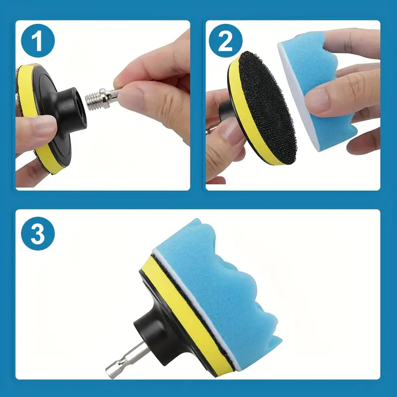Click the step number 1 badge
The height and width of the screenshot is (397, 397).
click(x=38, y=41)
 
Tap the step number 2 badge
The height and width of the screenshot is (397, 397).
click(x=226, y=41)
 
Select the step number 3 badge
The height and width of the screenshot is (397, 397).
click(x=38, y=233)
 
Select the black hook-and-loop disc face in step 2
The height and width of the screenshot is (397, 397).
click(x=267, y=108)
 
